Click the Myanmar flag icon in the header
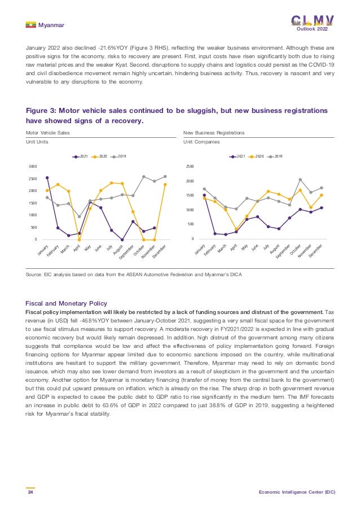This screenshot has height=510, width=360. [x=30, y=25]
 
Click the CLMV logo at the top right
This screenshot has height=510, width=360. [x=312, y=20]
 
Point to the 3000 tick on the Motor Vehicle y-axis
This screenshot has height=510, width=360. [x=33, y=167]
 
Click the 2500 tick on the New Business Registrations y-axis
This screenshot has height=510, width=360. [x=190, y=167]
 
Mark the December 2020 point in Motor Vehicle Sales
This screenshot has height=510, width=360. [x=165, y=184]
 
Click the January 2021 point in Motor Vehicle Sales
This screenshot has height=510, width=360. [x=47, y=177]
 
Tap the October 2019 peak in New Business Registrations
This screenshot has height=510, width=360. [x=300, y=180]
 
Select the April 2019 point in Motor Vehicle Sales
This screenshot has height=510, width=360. [x=79, y=216]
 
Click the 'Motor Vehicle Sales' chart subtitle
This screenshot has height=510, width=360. [x=48, y=132]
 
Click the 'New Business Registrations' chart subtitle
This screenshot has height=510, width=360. [x=214, y=132]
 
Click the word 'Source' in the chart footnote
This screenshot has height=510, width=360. [x=35, y=273]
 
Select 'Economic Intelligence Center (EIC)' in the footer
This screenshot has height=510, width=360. [x=297, y=492]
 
